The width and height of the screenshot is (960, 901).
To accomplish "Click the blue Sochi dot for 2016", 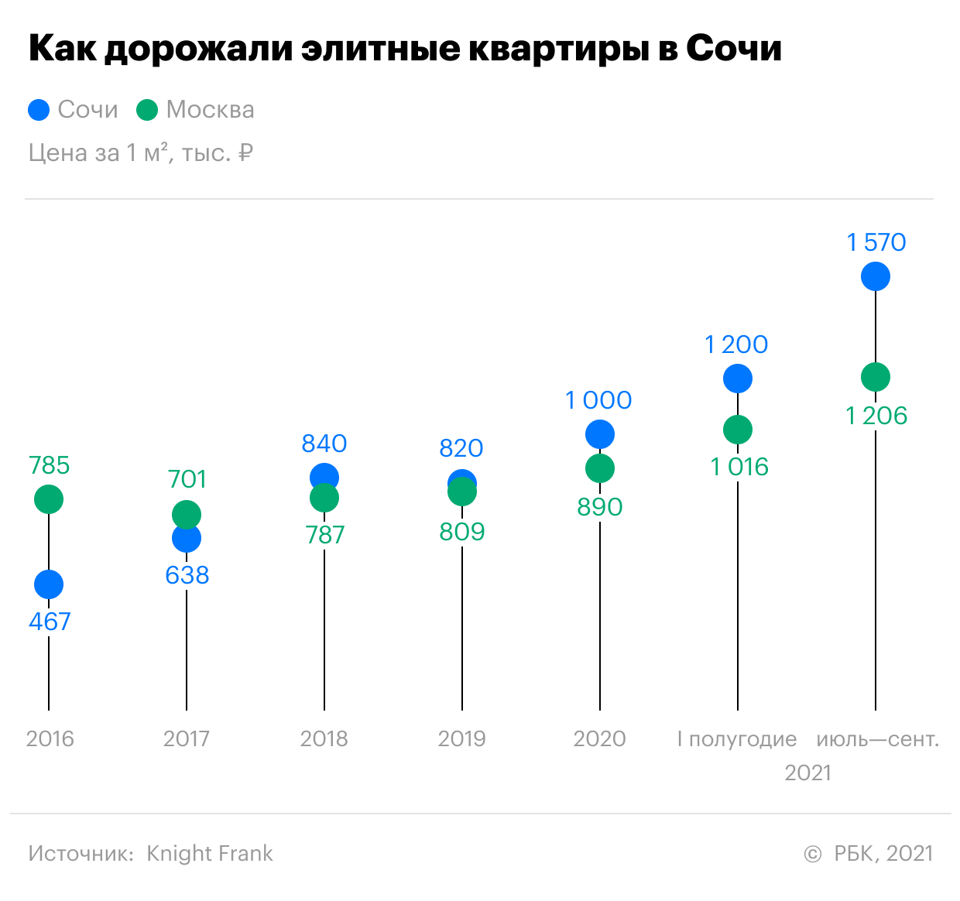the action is [49, 584].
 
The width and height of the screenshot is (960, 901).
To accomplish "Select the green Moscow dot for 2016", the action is [49, 499].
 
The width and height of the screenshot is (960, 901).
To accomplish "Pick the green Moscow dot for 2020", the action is [600, 468].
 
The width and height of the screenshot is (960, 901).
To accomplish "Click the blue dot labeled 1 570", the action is [876, 276].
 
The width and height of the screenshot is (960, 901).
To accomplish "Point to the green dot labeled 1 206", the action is [876, 377].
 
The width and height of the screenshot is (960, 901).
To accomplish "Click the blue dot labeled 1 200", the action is [738, 379].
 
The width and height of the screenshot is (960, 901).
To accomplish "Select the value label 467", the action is [50, 622].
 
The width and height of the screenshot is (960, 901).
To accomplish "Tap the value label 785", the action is [50, 465].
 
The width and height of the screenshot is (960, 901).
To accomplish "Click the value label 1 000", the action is [598, 400].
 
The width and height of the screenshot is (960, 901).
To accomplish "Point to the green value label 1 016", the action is [739, 467].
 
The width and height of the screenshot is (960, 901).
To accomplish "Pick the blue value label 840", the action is [324, 444].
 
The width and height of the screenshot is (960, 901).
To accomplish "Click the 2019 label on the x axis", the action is [462, 739].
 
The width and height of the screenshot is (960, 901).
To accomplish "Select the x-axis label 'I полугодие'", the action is [737, 740].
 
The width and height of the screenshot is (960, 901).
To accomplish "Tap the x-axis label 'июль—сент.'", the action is [878, 739].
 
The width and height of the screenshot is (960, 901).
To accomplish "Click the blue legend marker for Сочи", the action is [39, 110].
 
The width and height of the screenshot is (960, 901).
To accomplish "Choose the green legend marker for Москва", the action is [147, 110].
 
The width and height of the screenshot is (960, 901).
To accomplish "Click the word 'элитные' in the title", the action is [380, 49].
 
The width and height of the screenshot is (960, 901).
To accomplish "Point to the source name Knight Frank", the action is [210, 854].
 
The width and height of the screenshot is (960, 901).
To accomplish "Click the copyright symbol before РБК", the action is [813, 854].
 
